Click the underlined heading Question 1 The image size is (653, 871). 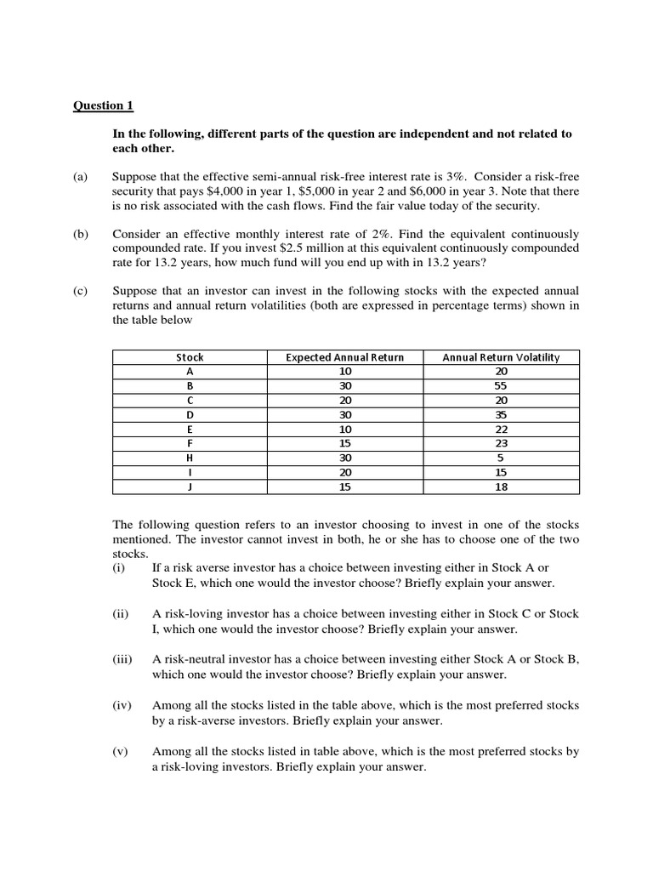tap(103, 105)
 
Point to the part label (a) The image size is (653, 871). tap(80, 176)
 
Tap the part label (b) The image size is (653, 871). tap(80, 233)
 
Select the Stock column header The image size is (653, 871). tap(190, 357)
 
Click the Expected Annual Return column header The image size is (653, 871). tap(344, 357)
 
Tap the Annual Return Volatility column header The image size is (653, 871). tap(501, 357)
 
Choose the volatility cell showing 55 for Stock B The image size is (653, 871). tap(501, 384)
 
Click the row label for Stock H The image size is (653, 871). tap(190, 457)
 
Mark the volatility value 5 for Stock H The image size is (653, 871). tap(501, 457)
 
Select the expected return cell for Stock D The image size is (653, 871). tap(344, 414)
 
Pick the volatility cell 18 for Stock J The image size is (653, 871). tap(501, 486)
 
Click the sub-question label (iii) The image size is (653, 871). tap(123, 659)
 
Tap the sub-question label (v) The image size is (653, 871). tap(121, 751)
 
